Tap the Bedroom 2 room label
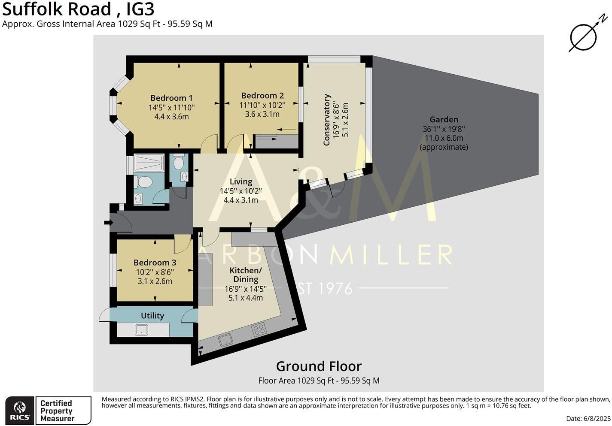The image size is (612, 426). click(262, 96)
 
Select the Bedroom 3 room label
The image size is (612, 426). click(155, 263)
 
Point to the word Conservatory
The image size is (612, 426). click(327, 120)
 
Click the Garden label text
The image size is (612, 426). click(444, 120)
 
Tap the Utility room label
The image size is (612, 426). click(152, 316)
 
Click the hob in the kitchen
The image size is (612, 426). click(259, 329)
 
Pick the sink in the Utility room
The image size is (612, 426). click(141, 330)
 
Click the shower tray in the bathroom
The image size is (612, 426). click(149, 163)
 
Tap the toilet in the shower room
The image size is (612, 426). click(143, 182)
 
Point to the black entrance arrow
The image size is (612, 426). click(107, 223)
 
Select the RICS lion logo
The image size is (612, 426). click(20, 411)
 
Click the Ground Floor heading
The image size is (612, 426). click(318, 366)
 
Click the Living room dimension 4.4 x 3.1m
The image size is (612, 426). click(241, 200)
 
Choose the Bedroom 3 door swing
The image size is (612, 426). click(182, 244)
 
